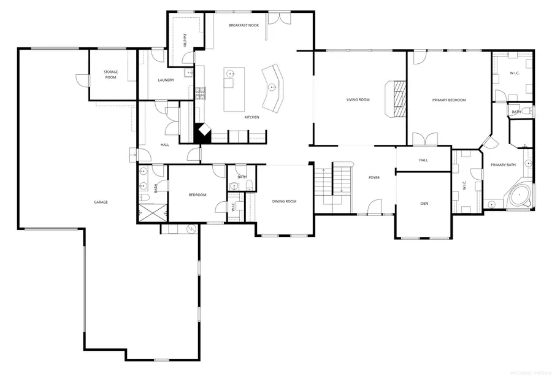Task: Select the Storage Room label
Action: click(110, 74)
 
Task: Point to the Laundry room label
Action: click(166, 80)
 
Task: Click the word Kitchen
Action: click(251, 117)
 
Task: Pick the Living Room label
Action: click(358, 99)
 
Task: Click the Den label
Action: click(424, 204)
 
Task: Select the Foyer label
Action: click(374, 177)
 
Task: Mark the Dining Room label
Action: click(284, 201)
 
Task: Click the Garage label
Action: click(101, 202)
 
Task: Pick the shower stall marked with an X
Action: click(153, 212)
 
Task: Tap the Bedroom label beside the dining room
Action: click(197, 194)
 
